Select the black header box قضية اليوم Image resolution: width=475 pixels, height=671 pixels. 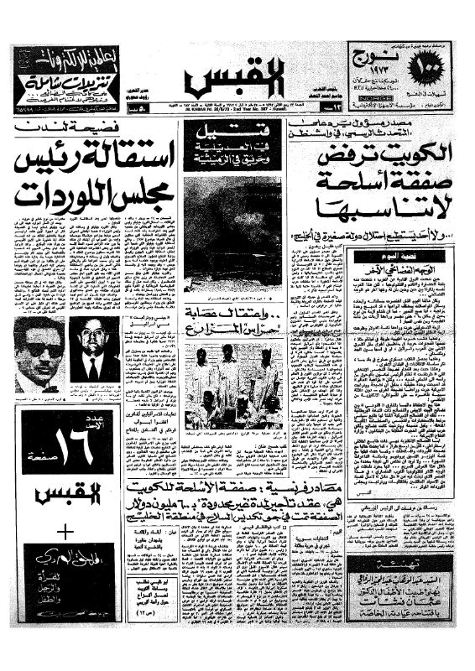[x=400, y=255]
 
